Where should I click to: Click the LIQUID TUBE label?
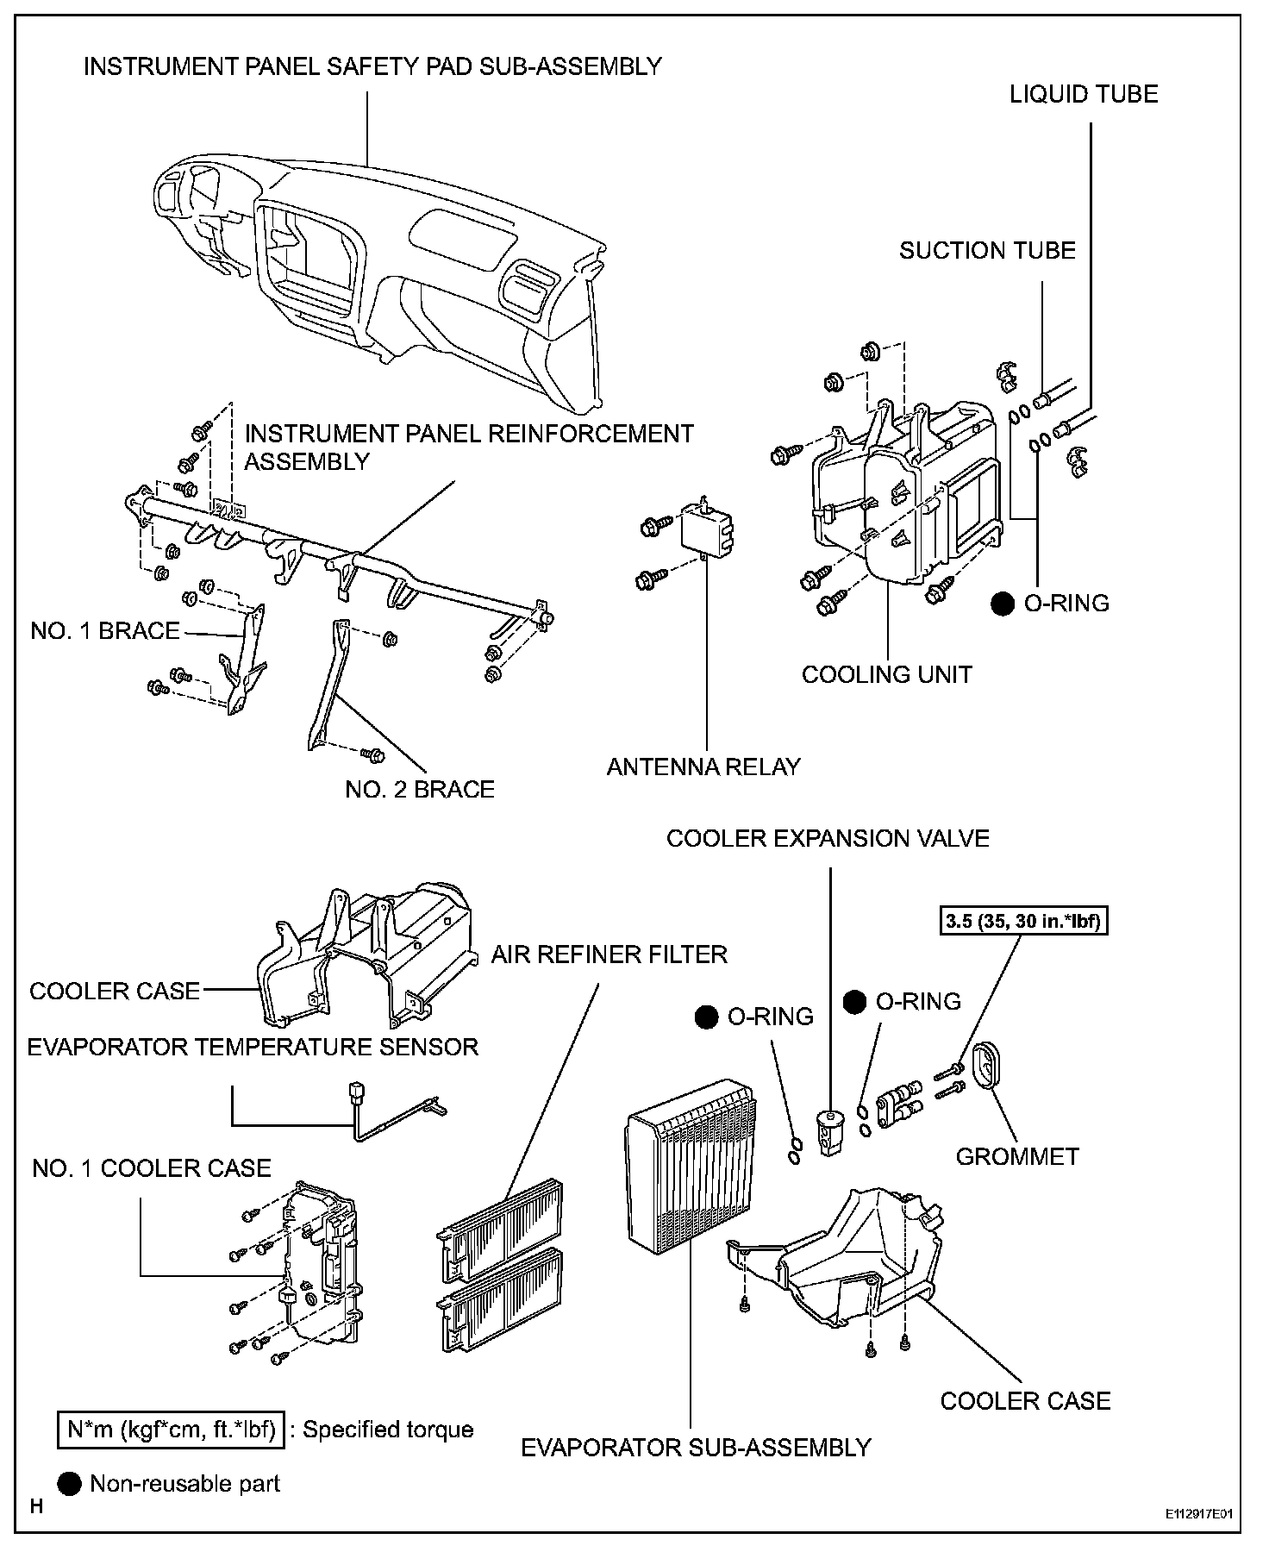click(x=1084, y=94)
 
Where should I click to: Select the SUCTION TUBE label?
click(x=987, y=251)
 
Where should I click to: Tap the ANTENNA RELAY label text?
click(x=703, y=767)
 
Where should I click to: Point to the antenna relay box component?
click(x=706, y=527)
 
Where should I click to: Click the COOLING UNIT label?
click(x=886, y=674)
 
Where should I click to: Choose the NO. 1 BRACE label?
click(x=105, y=631)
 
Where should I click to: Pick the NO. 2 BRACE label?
click(x=420, y=789)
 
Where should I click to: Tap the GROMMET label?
click(x=1017, y=1155)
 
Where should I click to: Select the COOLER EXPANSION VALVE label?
click(x=828, y=838)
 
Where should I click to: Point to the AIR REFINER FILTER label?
click(x=609, y=954)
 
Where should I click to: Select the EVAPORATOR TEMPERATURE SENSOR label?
click(x=253, y=1047)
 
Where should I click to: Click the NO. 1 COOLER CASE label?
click(x=152, y=1168)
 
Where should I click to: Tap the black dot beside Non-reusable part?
click(x=70, y=1483)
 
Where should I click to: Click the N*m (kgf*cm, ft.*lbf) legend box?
click(x=171, y=1430)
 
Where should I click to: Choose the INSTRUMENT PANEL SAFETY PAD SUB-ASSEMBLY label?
click(x=372, y=66)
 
